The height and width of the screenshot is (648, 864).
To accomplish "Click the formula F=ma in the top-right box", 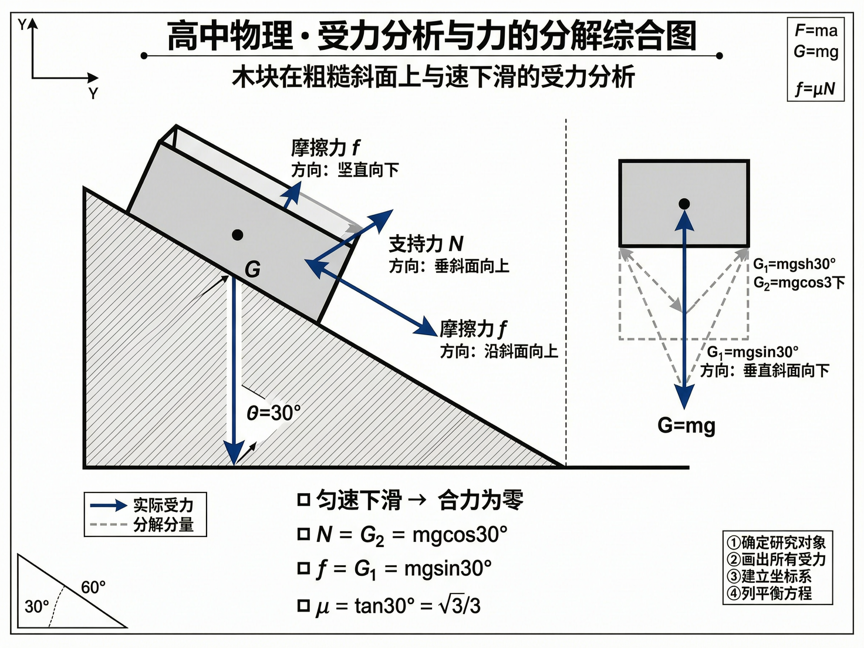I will (x=816, y=31).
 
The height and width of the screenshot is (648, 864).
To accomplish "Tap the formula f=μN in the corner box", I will (x=815, y=89).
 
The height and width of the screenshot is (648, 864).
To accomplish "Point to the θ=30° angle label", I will (x=274, y=413).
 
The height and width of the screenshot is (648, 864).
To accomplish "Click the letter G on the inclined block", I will (x=252, y=269).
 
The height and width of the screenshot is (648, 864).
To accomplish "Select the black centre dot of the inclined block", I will (x=237, y=235).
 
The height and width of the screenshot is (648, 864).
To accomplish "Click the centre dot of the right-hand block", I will (x=684, y=204).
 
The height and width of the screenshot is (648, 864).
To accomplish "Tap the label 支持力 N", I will (x=426, y=244).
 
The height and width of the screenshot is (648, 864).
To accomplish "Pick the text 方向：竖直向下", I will (x=345, y=170).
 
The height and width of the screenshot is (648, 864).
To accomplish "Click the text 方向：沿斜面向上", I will (x=499, y=352).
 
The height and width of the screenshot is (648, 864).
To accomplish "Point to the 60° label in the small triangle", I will (x=93, y=588).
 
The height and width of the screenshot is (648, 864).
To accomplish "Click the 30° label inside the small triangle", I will (x=36, y=606).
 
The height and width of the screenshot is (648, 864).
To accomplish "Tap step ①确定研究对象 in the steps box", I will (x=776, y=542).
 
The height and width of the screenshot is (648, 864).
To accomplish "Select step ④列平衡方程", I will (x=769, y=593).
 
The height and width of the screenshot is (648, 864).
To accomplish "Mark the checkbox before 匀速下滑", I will (x=303, y=500).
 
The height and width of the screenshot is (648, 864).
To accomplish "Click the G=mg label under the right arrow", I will (x=686, y=425).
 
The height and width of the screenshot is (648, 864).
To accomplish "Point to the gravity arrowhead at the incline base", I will (x=234, y=455).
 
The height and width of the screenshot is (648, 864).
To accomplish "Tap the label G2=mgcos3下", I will (x=799, y=283).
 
